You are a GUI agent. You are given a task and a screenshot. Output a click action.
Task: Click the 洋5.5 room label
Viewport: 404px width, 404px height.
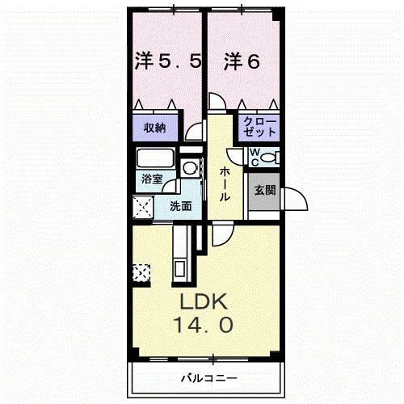click(x=166, y=61)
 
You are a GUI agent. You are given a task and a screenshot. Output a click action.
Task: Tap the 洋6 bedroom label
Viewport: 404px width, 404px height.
click(x=242, y=61)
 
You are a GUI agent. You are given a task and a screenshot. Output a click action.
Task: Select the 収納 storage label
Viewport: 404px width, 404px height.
click(x=155, y=127)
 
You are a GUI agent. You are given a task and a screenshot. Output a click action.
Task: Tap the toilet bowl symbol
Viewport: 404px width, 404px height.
click(x=271, y=156)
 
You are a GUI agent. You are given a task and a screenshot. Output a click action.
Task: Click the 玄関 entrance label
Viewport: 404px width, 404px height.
click(x=264, y=191)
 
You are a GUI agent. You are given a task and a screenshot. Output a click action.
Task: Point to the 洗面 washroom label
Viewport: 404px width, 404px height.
click(x=180, y=206)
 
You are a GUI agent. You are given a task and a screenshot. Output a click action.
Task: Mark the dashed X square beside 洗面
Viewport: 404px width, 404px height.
click(x=145, y=208)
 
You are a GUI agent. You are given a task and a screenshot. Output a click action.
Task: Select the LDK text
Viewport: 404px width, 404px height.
click(x=206, y=305)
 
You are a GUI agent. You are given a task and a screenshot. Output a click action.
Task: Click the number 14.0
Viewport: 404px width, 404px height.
click(x=206, y=326)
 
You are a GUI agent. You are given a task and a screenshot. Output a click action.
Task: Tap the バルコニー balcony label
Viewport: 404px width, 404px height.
click(x=207, y=377)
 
